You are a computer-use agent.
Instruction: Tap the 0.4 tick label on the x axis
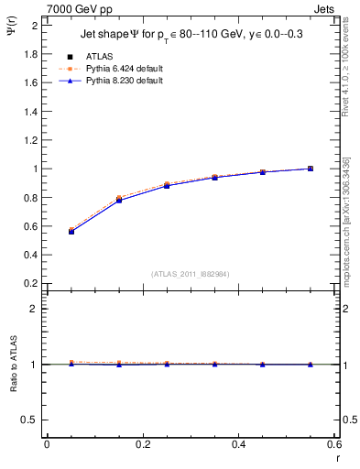(239, 445)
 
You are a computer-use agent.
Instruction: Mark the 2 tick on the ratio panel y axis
(35, 309)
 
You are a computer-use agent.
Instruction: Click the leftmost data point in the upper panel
(71, 232)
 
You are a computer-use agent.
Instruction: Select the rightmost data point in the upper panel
(311, 169)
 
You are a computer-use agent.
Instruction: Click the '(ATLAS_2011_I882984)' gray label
(190, 274)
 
